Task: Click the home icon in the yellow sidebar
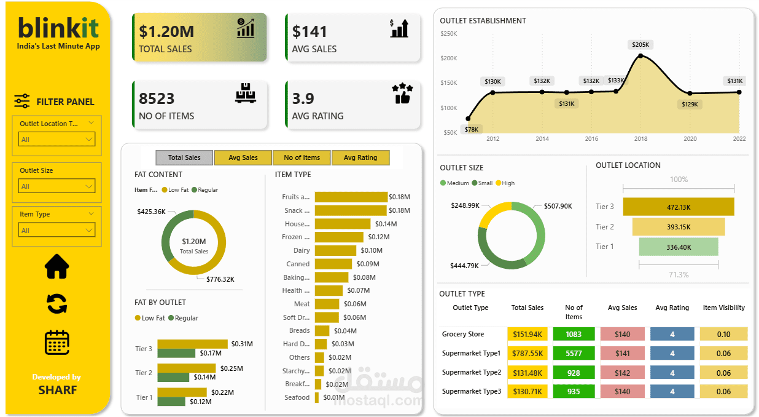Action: click(x=57, y=266)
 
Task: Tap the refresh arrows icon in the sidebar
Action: click(x=57, y=304)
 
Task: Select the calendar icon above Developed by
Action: click(x=57, y=343)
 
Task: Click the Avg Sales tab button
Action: click(x=243, y=157)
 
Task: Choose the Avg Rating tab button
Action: click(x=360, y=157)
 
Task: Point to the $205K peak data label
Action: click(x=640, y=44)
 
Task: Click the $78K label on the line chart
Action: click(x=472, y=129)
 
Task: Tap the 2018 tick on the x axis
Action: click(x=640, y=139)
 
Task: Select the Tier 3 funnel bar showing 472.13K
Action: click(x=679, y=207)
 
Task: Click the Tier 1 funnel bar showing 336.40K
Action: click(x=679, y=247)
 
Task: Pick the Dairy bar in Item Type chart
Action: click(x=335, y=250)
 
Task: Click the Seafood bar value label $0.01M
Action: click(x=333, y=397)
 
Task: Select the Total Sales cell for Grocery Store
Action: click(x=527, y=334)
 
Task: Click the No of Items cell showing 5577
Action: click(x=574, y=354)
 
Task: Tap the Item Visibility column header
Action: click(x=723, y=308)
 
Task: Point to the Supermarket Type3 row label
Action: click(x=471, y=391)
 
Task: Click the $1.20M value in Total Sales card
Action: click(x=166, y=31)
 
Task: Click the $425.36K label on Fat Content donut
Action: click(x=152, y=212)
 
